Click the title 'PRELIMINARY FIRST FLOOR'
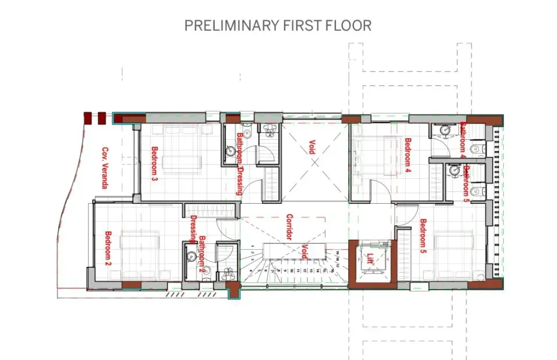click(278, 26)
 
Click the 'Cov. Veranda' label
click(105, 168)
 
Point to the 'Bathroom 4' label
click(464, 140)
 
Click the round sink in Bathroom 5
click(451, 170)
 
